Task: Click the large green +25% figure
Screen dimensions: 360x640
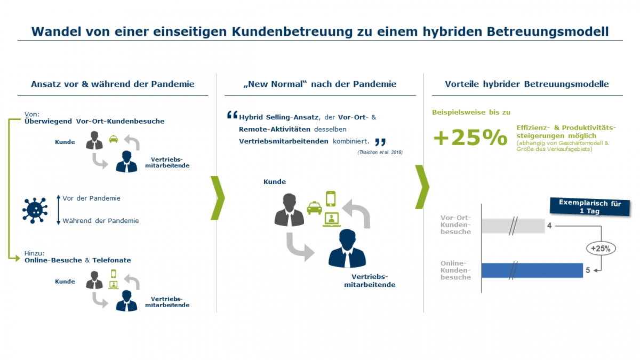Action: pyautogui.click(x=470, y=138)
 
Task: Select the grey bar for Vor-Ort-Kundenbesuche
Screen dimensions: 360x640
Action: pyautogui.click(x=513, y=226)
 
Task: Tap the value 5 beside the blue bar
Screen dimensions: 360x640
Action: pyautogui.click(x=588, y=270)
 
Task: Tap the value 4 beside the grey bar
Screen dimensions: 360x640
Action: pyautogui.click(x=549, y=226)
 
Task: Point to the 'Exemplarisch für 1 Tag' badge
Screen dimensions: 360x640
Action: pyautogui.click(x=589, y=207)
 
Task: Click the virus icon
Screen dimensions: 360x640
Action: pyautogui.click(x=35, y=210)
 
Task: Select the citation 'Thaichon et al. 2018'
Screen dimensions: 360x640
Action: pyautogui.click(x=380, y=153)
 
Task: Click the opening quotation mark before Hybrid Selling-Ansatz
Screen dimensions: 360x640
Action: pyautogui.click(x=231, y=115)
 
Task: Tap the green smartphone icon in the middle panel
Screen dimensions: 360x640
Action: pyautogui.click(x=331, y=199)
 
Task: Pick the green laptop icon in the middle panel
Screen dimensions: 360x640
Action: pyautogui.click(x=331, y=218)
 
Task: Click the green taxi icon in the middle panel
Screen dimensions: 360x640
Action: pyautogui.click(x=314, y=207)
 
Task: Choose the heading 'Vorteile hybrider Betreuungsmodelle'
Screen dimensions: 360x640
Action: pyautogui.click(x=527, y=84)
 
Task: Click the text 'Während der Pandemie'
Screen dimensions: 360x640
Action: pyautogui.click(x=101, y=221)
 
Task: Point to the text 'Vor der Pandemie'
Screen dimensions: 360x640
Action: pyautogui.click(x=91, y=198)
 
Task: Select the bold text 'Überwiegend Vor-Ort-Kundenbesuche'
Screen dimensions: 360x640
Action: pyautogui.click(x=94, y=121)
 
